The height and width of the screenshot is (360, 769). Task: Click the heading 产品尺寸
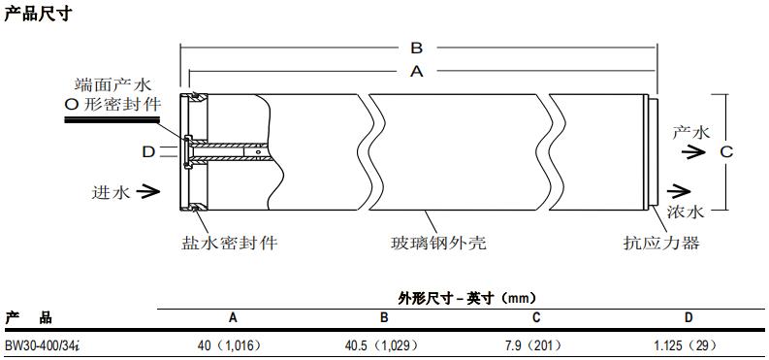tap(37, 15)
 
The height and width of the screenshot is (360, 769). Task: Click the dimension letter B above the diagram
tap(415, 48)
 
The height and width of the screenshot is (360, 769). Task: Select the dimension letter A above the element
tap(417, 71)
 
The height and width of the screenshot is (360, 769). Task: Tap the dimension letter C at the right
tap(724, 151)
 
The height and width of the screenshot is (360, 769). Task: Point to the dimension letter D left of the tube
tap(148, 151)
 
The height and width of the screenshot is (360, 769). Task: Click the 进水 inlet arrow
tap(147, 191)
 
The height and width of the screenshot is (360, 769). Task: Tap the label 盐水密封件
tap(229, 243)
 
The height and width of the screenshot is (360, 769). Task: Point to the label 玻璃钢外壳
tap(432, 243)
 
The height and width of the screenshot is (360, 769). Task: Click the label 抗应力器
tap(659, 243)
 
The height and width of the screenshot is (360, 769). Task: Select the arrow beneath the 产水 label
tap(689, 150)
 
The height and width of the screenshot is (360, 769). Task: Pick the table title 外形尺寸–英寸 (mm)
tap(466, 298)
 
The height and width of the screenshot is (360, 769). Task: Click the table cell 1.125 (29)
tap(688, 344)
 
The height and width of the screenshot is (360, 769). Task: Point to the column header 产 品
tap(29, 317)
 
